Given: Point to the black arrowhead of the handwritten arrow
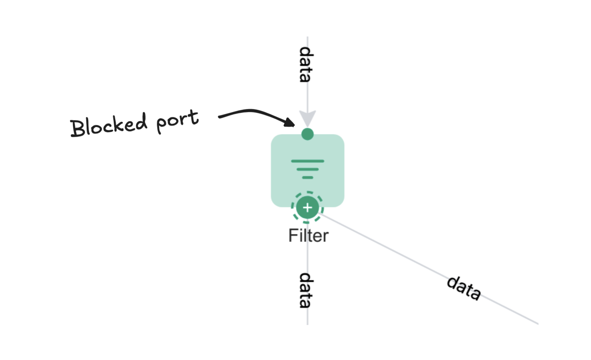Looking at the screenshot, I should (x=290, y=122).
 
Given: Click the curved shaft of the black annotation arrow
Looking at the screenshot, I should (x=252, y=111).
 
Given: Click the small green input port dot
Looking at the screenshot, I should (x=308, y=134).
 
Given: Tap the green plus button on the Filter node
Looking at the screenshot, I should (x=308, y=207).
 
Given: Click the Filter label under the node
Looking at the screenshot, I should (x=308, y=236).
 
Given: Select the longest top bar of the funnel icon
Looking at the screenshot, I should (x=308, y=161).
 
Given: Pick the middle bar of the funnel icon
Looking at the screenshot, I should (x=308, y=169).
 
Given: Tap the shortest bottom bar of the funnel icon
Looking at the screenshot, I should (x=308, y=177).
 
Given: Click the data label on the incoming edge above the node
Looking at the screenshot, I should (x=306, y=64).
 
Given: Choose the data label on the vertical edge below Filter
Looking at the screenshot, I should (x=306, y=290).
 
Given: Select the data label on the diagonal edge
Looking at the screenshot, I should (x=464, y=288).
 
